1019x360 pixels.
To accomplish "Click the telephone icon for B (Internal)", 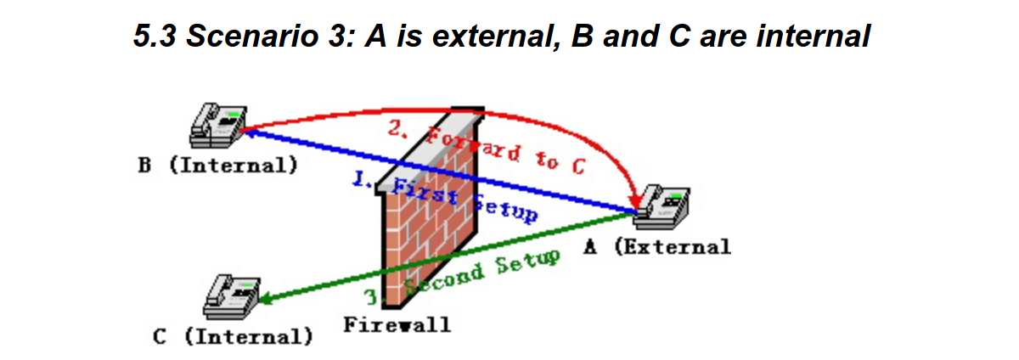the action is [218, 126].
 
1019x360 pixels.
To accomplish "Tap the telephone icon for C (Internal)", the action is [232, 296].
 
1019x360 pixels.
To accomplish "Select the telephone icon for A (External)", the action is [662, 207].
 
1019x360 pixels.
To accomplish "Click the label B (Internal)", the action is [218, 166].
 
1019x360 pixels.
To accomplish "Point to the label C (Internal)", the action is [233, 337].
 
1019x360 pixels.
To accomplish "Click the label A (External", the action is [658, 247].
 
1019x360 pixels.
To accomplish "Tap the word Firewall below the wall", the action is [397, 325].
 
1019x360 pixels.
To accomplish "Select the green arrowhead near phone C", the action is [267, 299].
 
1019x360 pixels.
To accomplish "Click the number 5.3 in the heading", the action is [155, 36].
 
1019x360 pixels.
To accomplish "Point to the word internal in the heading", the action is [814, 36].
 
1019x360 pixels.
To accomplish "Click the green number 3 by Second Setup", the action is [373, 298].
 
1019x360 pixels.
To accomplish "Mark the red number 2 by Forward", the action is [397, 128].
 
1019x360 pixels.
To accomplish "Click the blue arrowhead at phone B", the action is [250, 132].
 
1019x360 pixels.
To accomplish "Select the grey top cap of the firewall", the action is [430, 151].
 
